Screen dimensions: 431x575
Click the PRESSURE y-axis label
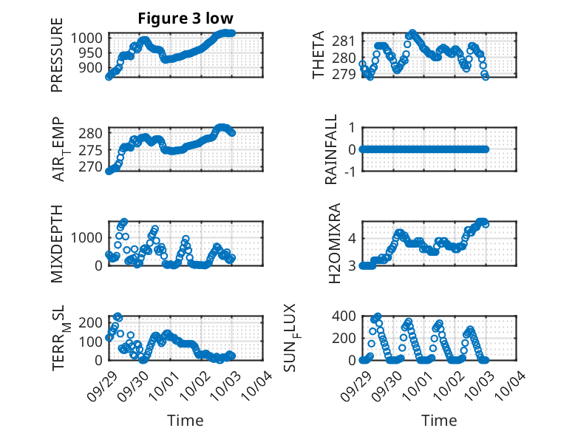[57, 61]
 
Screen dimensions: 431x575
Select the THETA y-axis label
[319, 55]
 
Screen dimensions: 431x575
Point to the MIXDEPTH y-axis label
[57, 243]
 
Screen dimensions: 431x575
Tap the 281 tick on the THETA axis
[347, 41]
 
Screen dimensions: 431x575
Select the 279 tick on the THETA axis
[347, 75]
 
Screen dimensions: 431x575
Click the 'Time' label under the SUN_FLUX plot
[439, 421]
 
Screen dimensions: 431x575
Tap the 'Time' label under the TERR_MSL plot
[186, 421]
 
